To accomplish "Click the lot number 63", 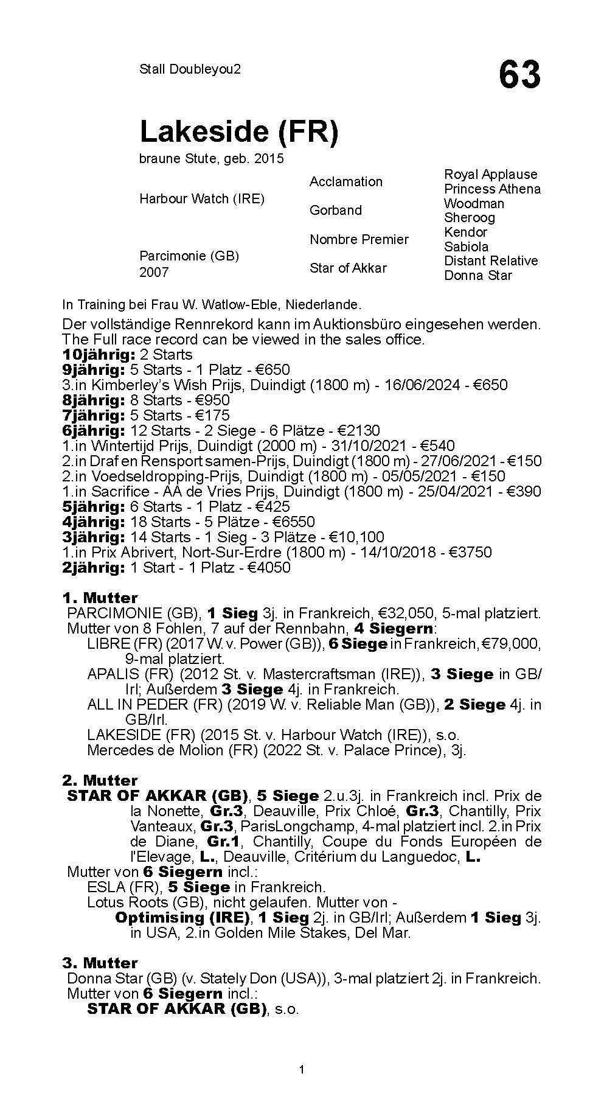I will [519, 75].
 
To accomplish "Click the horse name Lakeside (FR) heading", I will [238, 131].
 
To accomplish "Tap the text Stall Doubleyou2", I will [190, 69].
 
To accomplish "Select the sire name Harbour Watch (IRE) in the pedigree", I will [201, 199].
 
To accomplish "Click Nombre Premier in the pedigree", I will [359, 239].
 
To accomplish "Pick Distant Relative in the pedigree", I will [490, 260].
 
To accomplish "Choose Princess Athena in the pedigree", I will [491, 189].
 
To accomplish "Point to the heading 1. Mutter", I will [100, 598].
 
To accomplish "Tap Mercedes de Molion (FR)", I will [155, 750].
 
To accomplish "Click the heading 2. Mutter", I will [100, 780].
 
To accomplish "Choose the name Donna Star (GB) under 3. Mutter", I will [114, 979].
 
